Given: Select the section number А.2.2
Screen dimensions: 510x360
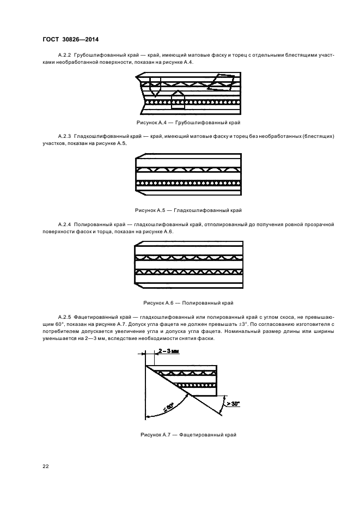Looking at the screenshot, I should coord(65,56).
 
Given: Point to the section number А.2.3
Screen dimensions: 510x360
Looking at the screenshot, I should coord(65,135).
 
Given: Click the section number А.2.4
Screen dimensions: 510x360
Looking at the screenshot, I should coord(65,224).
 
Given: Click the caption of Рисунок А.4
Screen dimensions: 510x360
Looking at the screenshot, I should coord(188,122).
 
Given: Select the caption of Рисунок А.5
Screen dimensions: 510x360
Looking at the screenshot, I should coord(188,210).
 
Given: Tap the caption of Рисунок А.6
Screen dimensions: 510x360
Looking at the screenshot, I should coord(188,302).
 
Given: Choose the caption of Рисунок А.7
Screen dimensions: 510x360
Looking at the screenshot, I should coord(188,435).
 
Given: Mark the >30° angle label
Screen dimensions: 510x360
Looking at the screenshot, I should coord(234,404).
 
